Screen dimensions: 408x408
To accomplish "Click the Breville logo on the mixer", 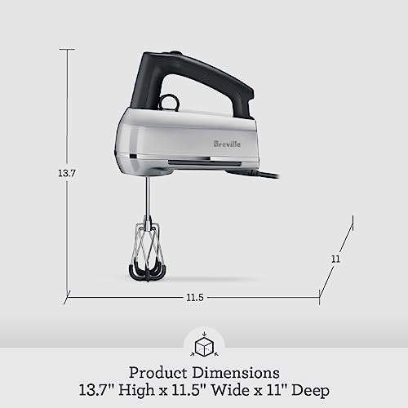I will pos(227,144).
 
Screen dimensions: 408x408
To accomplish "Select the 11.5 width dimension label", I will pos(193,296).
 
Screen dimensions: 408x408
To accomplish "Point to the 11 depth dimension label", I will pos(335,259).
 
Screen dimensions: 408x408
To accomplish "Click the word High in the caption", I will pos(142,389).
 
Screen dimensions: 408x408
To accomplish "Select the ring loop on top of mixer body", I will pos(169,102).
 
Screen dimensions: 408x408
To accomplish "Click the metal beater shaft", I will pos(147,196).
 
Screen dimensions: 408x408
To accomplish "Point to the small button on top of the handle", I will pos(177,54).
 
